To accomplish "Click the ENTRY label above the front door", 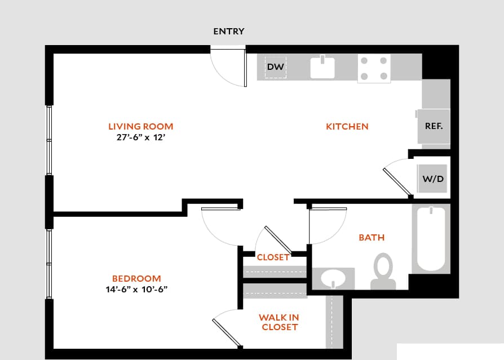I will pos(228,32).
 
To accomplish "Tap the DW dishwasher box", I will pos(275,67).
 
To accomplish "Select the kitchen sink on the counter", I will pos(322,67).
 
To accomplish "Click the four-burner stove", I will pos(374,68).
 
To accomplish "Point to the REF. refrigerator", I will pos(434,126).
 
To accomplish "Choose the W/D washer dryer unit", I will pos(433,179).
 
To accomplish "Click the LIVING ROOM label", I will pos(140,127).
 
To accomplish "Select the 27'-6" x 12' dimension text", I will pos(140,137).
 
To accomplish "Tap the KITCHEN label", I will pos(347,127).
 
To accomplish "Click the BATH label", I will pos(372,238).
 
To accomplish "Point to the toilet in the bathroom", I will pos(383,270).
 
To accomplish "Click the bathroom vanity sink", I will pos(333,278).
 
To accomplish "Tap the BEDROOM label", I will pos(136,278).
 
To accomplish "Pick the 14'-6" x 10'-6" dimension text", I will pos(136,290).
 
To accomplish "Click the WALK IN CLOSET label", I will pos(280,322).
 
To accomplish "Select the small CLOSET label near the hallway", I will pos(273,257).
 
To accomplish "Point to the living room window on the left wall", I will pos(49,140).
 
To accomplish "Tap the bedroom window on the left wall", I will pos(49,264).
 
